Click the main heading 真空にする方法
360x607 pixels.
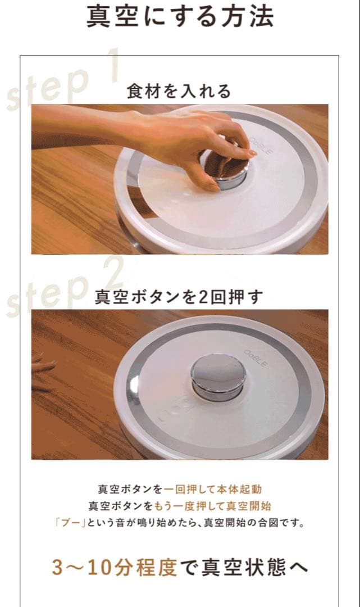(180, 17)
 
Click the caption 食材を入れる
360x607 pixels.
(179, 91)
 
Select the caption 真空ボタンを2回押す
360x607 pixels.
(179, 297)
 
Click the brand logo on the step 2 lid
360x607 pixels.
(257, 357)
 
